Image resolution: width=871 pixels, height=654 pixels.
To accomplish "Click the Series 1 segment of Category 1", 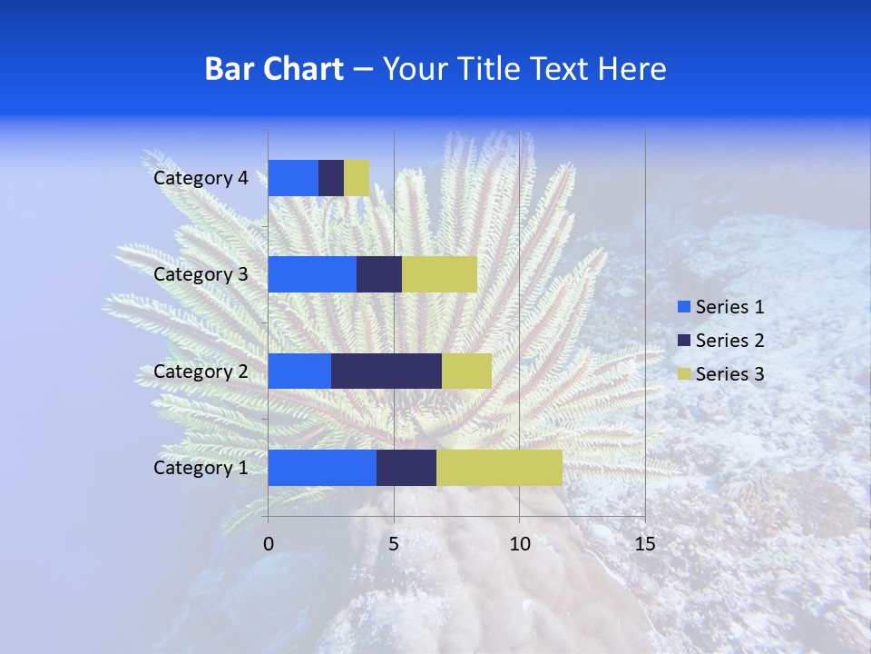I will [x=322, y=468].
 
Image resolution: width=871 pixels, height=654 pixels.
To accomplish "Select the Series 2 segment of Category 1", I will [x=406, y=468].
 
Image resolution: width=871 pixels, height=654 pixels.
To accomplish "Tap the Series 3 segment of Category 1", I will [x=499, y=468].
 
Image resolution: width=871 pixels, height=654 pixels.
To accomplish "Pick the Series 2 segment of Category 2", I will [x=387, y=371].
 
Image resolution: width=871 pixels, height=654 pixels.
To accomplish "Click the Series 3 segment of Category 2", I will [x=466, y=371].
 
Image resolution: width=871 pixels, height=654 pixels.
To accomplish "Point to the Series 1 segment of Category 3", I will [x=312, y=274].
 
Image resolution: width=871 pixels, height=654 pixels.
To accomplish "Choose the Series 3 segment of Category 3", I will [x=439, y=274].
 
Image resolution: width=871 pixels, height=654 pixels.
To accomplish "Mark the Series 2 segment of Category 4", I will [x=331, y=178].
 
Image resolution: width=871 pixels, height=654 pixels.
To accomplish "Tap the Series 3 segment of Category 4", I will [x=357, y=178].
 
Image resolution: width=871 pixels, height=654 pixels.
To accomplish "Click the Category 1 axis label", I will [x=201, y=468].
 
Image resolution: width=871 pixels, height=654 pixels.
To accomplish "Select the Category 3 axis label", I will [x=201, y=274].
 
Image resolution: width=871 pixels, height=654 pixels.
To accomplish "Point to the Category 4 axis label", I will [x=201, y=178].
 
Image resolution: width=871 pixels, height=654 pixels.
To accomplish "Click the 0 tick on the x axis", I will [x=269, y=544].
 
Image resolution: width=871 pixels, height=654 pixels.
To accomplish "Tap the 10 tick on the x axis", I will [x=519, y=544].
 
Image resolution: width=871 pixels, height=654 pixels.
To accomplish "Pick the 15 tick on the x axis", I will [x=644, y=544].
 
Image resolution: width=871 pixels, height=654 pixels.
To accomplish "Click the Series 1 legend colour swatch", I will [x=683, y=307].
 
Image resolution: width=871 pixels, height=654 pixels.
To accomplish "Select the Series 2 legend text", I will [x=729, y=341].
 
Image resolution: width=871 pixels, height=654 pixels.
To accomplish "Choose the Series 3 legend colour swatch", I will [x=683, y=374].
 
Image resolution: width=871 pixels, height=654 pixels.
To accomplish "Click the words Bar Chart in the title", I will [x=274, y=69].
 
